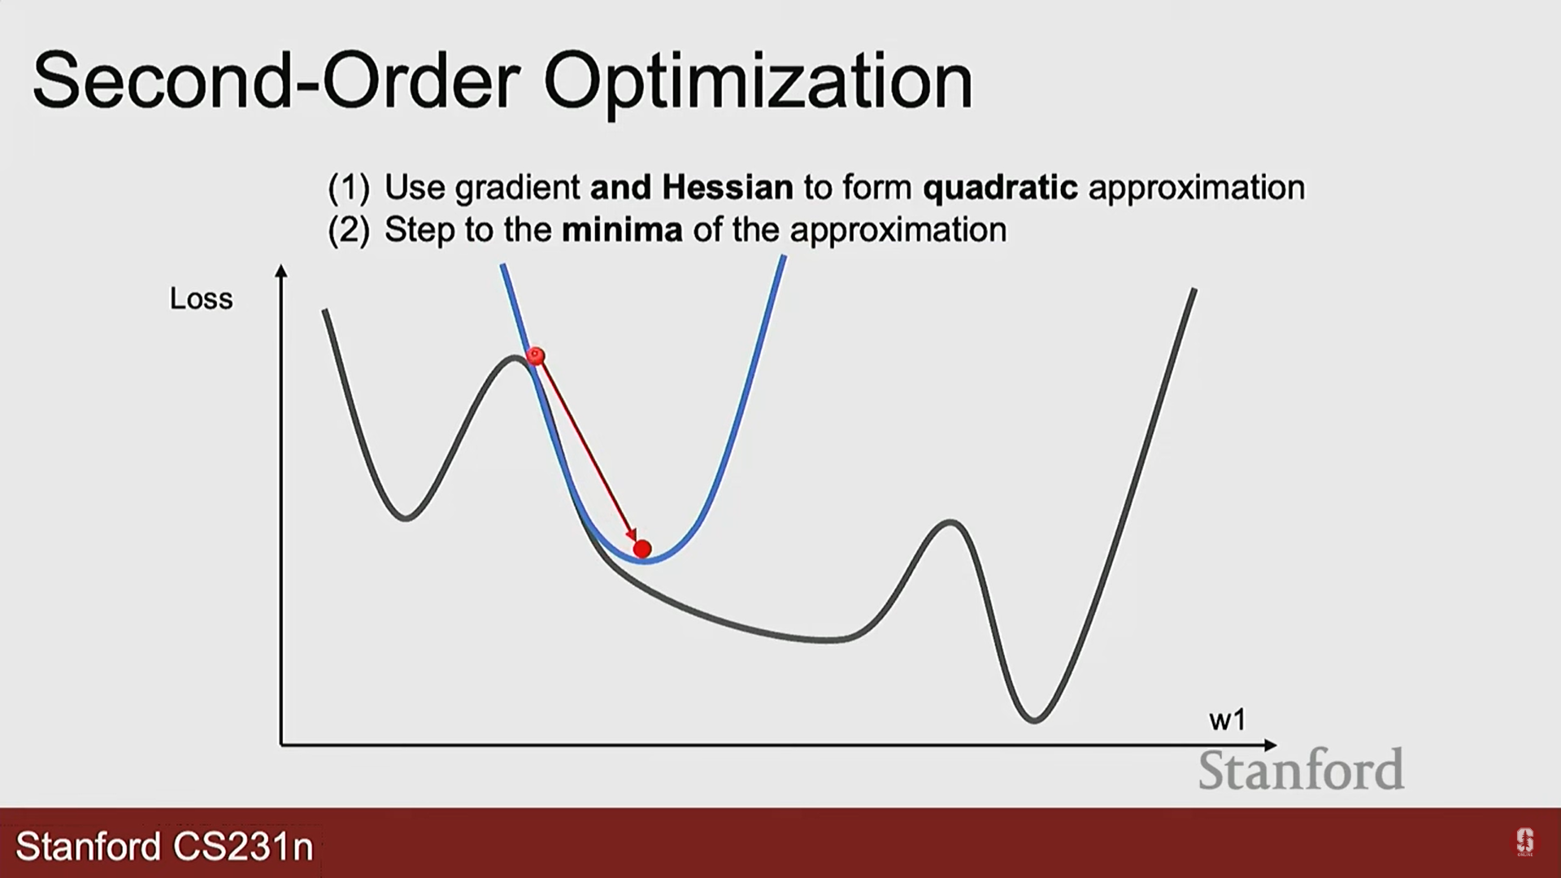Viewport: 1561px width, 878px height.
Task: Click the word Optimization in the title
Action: (758, 83)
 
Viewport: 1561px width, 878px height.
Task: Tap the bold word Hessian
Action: (728, 187)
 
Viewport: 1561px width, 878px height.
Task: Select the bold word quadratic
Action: (1001, 188)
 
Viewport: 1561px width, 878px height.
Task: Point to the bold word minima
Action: (622, 230)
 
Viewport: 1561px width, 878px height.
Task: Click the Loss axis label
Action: (201, 298)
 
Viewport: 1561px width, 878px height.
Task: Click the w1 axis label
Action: (1227, 719)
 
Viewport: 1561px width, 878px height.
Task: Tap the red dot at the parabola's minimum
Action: (642, 550)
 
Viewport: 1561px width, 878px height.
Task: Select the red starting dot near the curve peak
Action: (535, 356)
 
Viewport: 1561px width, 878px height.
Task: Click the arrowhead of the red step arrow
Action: (632, 535)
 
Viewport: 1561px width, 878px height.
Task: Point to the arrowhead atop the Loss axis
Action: (281, 271)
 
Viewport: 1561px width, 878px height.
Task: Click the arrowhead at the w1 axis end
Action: (1271, 745)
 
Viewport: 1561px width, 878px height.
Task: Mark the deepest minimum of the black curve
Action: (1034, 719)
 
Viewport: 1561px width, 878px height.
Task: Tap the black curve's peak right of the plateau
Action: (950, 522)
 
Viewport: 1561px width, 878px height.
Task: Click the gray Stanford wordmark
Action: (1301, 770)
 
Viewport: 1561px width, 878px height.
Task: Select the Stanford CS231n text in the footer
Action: (164, 846)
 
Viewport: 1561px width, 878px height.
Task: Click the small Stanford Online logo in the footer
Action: (1524, 842)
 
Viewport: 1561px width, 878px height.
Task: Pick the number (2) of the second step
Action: (349, 231)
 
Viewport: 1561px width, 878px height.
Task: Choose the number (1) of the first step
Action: (349, 189)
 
